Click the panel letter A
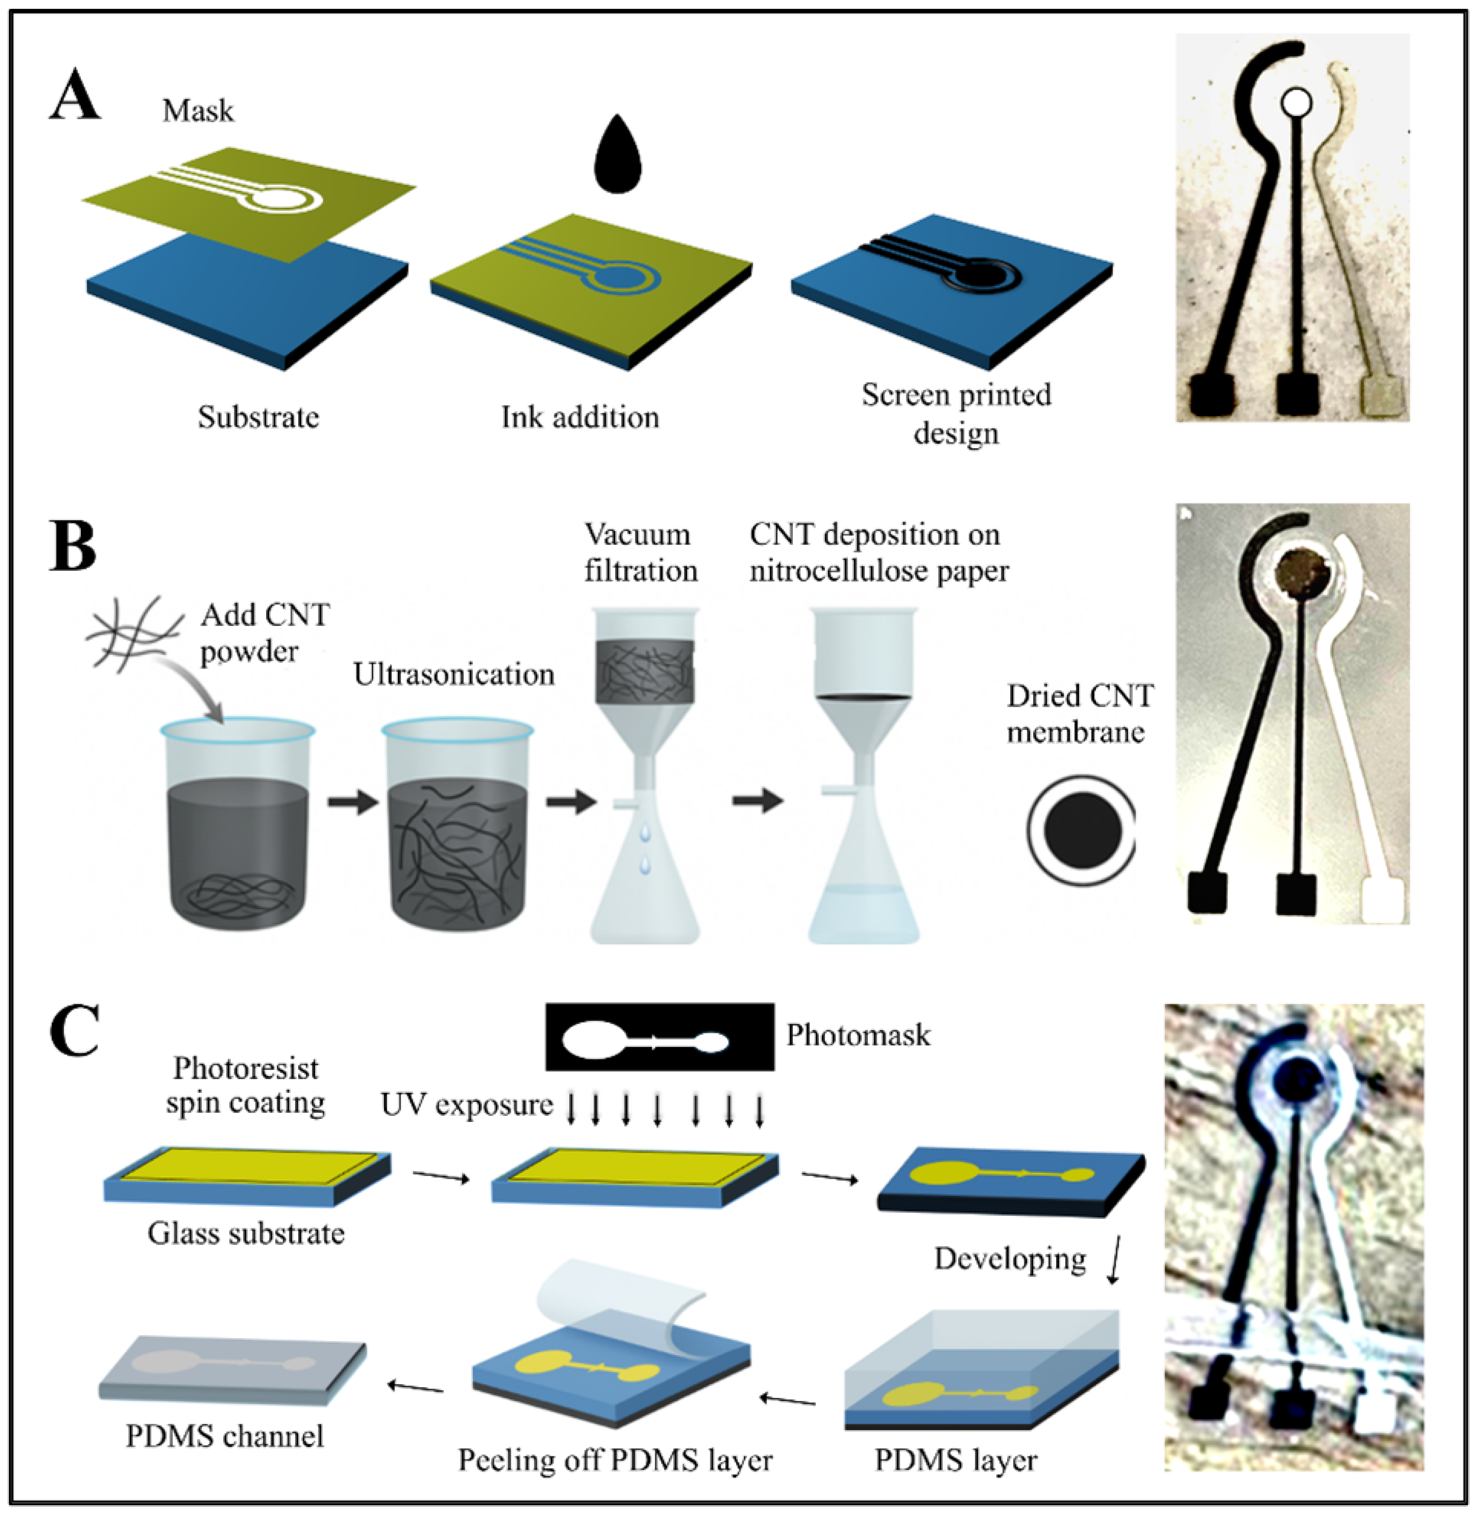75,95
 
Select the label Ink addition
579,417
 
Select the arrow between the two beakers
353,801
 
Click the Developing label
1009,1259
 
